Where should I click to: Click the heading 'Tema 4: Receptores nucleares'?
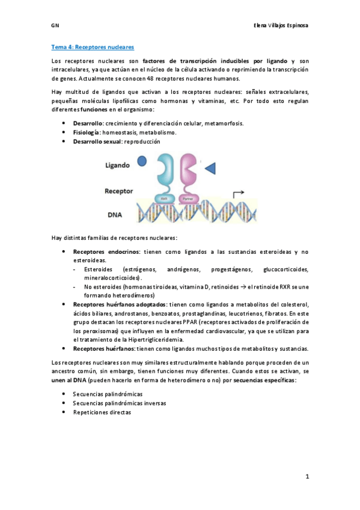pyautogui.click(x=92, y=46)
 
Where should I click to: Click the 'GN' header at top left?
pyautogui.click(x=54, y=26)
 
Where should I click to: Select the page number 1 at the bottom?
pyautogui.click(x=307, y=476)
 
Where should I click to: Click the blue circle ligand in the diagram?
pyautogui.click(x=142, y=161)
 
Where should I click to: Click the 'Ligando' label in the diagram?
pyautogui.click(x=118, y=164)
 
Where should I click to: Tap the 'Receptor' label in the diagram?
pyautogui.click(x=119, y=191)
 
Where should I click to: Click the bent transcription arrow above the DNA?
pyautogui.click(x=237, y=194)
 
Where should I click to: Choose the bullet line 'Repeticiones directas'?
pyautogui.click(x=102, y=413)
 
